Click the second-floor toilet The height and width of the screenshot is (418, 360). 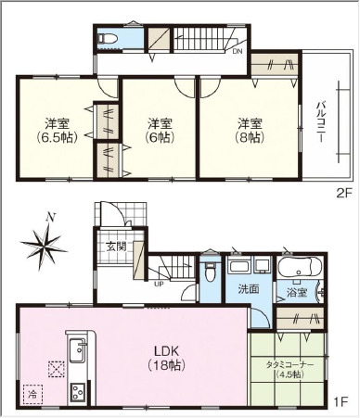tap(108, 39)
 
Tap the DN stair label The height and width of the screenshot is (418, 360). tap(237, 52)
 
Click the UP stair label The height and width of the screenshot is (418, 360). tap(159, 284)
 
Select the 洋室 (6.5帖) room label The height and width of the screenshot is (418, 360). tap(58, 131)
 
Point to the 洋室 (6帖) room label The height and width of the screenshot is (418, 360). tap(160, 131)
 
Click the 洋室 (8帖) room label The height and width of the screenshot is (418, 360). tap(250, 131)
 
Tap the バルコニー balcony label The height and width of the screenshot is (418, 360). tap(320, 121)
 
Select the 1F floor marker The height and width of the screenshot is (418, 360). tap(341, 402)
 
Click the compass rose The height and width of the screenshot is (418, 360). tap(44, 246)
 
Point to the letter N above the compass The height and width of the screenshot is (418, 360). tap(51, 218)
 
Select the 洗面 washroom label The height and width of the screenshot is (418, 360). tap(249, 289)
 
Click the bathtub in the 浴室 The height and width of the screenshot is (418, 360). tap(300, 268)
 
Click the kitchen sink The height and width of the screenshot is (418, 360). tap(78, 350)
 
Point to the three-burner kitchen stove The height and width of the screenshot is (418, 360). tap(79, 393)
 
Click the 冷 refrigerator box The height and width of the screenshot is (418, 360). tap(32, 394)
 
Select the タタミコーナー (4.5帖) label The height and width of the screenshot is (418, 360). tap(289, 370)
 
